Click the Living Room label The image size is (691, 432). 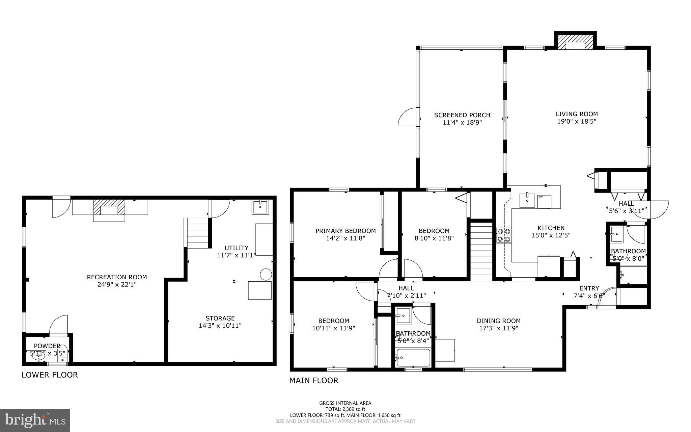(x=577, y=114)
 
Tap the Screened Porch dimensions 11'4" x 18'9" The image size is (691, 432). (x=462, y=122)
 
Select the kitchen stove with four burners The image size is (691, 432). (x=503, y=235)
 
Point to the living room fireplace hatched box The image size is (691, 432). (x=575, y=43)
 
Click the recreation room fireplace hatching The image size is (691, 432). (x=109, y=207)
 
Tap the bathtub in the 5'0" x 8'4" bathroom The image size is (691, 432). (x=413, y=358)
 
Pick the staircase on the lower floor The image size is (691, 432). (x=197, y=233)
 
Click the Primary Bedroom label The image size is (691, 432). (x=345, y=231)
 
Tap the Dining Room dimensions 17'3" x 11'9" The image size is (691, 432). (x=498, y=328)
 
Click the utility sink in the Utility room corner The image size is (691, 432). (x=260, y=207)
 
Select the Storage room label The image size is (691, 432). (x=220, y=318)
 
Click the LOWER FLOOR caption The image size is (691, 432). (x=50, y=375)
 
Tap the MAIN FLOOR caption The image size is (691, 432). (x=313, y=381)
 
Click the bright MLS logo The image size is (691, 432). (x=35, y=420)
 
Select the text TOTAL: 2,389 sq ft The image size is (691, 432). (x=345, y=409)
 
